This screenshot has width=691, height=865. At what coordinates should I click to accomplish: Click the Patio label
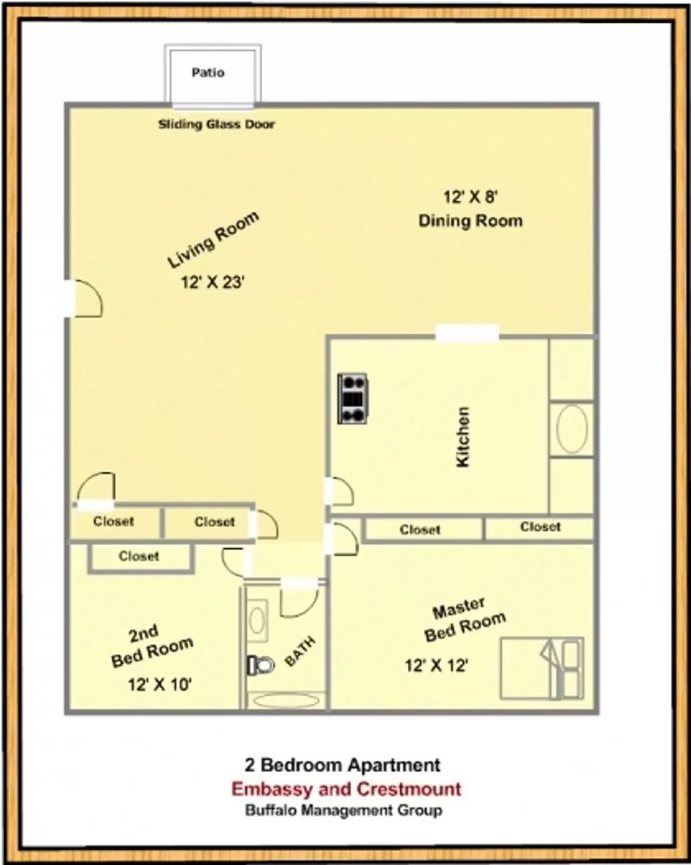click(208, 72)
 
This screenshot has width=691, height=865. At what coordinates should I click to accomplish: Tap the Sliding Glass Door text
click(216, 124)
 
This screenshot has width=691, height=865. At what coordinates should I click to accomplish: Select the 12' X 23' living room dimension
click(212, 282)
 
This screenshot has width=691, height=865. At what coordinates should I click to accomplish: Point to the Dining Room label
click(470, 221)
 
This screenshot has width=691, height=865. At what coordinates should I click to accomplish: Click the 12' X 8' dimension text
click(470, 196)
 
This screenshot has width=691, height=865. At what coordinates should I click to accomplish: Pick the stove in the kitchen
click(353, 398)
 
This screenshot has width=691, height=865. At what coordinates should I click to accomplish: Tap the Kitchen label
click(463, 437)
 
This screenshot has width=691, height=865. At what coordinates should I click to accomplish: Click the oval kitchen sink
click(572, 429)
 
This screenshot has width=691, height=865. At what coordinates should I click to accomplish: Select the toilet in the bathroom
click(261, 664)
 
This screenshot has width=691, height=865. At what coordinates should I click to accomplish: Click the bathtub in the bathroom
click(286, 701)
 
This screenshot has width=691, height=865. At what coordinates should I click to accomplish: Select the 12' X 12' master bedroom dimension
click(436, 665)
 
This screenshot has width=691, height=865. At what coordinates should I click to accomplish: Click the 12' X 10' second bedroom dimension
click(160, 684)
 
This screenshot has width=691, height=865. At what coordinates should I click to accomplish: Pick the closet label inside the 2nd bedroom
click(139, 556)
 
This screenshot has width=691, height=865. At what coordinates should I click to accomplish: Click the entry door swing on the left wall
click(87, 298)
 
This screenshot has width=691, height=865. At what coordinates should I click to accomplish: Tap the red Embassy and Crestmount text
click(346, 789)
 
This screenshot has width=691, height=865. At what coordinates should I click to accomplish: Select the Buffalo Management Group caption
click(344, 810)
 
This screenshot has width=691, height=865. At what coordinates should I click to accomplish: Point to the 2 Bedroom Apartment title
click(342, 765)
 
